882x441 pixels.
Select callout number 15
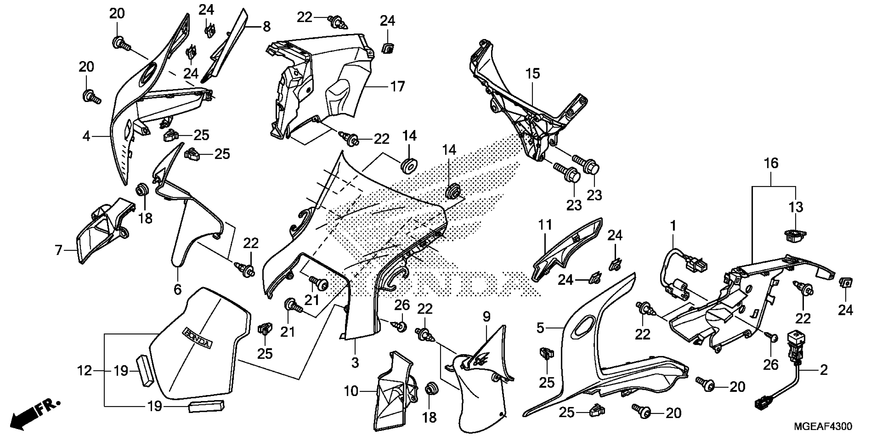533,74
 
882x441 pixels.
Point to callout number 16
771,164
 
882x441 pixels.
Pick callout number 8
266,26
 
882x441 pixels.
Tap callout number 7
59,250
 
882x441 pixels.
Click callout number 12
85,370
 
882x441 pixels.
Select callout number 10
351,391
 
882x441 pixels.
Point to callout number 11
545,225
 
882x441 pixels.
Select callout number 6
177,290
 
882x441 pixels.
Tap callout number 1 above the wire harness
673,226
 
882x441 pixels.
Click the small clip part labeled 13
795,236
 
